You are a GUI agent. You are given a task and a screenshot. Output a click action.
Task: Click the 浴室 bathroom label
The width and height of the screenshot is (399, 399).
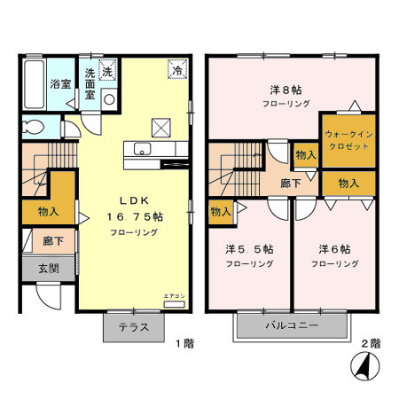click(59, 85)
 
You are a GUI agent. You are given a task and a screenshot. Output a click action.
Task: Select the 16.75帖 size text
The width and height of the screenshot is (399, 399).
click(135, 215)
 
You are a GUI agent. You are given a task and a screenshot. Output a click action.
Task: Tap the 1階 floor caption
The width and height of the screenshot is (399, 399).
click(183, 342)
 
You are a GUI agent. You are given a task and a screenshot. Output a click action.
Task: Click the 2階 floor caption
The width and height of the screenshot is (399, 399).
click(371, 342)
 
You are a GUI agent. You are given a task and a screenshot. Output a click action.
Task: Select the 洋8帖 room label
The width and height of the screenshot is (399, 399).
click(286, 90)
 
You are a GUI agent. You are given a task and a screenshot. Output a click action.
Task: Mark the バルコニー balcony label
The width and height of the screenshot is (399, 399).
click(290, 326)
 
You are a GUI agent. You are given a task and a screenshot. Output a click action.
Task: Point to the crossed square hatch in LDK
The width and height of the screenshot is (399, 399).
click(161, 126)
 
